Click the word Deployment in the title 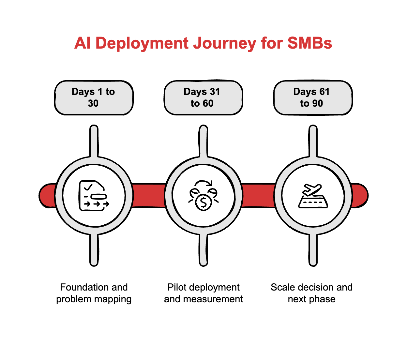tap(142, 43)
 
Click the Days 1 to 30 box tap(94, 97)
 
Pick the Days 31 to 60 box tap(203, 97)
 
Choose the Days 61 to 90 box tap(313, 97)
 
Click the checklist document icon tap(94, 196)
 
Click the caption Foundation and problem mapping tap(94, 293)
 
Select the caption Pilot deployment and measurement tap(203, 293)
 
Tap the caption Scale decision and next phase tap(311, 293)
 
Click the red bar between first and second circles tap(149, 195)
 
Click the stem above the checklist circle tap(94, 141)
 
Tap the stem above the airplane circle tap(313, 141)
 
